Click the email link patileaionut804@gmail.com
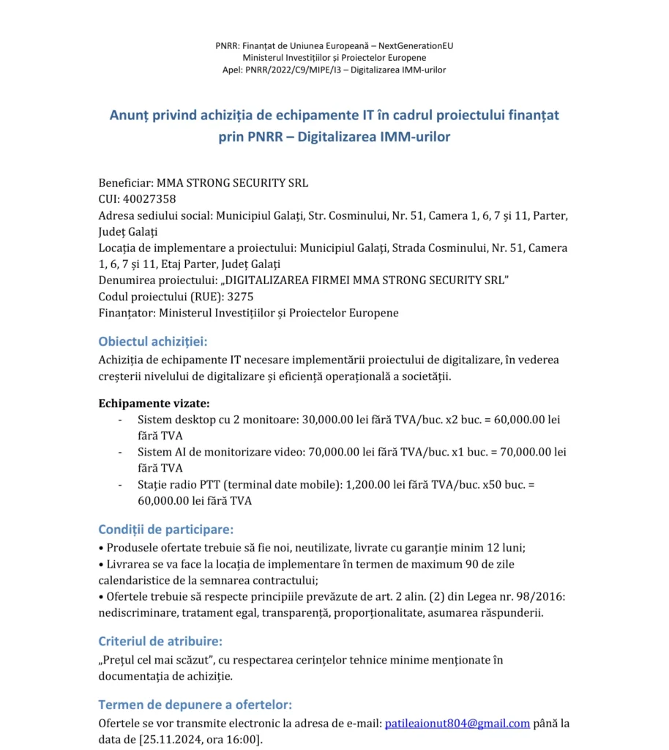[457, 724]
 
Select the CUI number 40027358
[152, 198]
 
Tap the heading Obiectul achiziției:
[152, 341]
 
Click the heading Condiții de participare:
[166, 529]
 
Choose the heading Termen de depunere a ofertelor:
[195, 705]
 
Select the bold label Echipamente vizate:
[154, 403]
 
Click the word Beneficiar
[124, 182]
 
